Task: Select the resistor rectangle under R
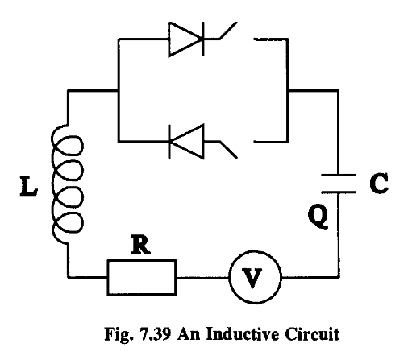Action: [141, 279]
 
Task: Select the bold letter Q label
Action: [318, 217]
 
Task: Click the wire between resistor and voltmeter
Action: [202, 279]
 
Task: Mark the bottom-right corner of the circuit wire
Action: [338, 279]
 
